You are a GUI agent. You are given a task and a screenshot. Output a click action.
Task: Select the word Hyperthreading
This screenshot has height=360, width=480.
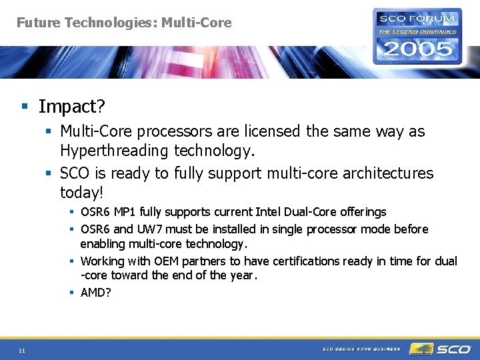[x=115, y=151]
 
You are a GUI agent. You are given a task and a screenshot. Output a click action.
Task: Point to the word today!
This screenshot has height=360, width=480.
[x=81, y=193]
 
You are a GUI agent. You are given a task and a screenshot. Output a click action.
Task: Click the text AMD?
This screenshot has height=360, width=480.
[x=95, y=293]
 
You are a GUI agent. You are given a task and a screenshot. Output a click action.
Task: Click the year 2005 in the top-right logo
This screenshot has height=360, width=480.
[x=417, y=49]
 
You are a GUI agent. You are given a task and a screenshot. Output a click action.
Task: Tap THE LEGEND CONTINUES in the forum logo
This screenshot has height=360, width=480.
[x=417, y=31]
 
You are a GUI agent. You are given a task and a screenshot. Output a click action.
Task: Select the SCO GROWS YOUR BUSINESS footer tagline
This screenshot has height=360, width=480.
[x=361, y=349]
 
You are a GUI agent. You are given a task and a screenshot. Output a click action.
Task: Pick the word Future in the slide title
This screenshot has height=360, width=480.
[x=37, y=23]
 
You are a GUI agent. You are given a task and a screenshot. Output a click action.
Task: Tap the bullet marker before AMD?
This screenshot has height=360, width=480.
[x=71, y=293]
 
